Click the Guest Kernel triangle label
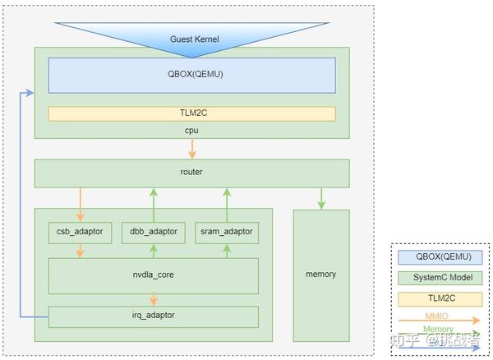coord(194,39)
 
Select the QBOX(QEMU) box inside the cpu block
coord(191,76)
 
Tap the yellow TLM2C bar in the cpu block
coord(191,113)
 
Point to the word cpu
coord(191,130)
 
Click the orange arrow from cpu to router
coord(192,149)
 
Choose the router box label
coord(191,172)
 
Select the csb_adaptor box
coord(80,233)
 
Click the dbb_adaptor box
coord(154,233)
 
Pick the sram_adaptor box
coord(227,233)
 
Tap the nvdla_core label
coord(153,275)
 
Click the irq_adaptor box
coord(154,317)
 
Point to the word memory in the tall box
coord(321,275)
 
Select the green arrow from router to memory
coord(321,198)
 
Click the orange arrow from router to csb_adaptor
coord(81,205)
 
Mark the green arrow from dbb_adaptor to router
coord(154,205)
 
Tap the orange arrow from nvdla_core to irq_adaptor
coord(154,300)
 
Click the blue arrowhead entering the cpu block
coord(30,93)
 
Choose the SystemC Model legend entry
coord(440,278)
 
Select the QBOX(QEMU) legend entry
coord(440,257)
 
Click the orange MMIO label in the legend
coord(436,316)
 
